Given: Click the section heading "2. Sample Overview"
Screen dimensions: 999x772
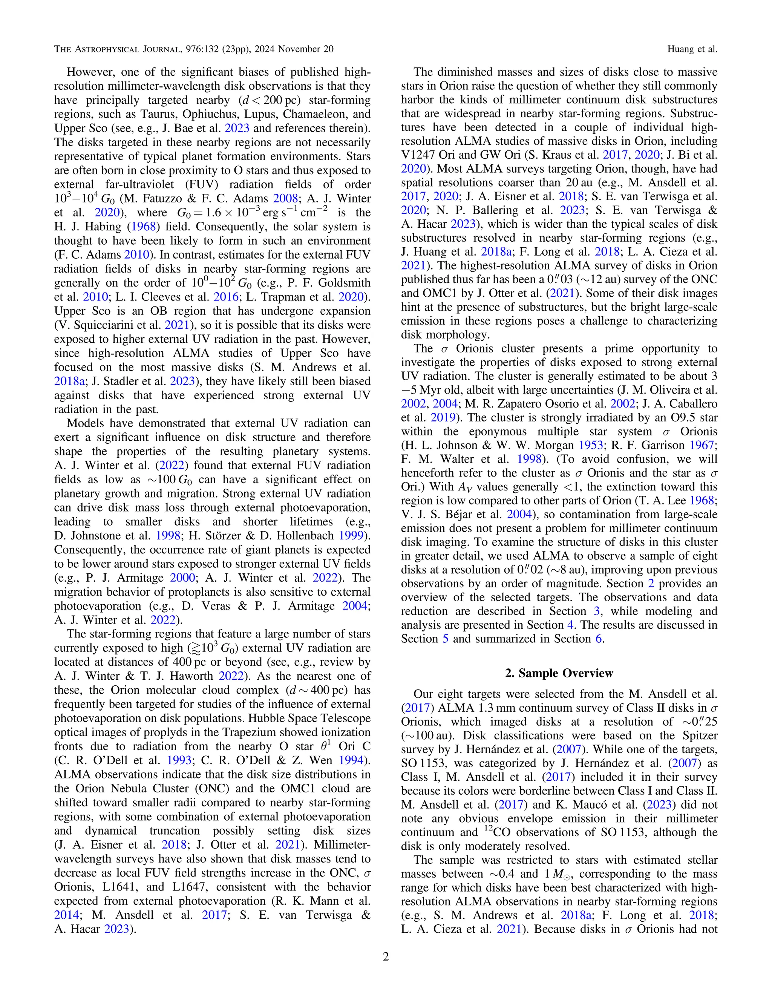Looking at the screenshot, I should [x=559, y=673].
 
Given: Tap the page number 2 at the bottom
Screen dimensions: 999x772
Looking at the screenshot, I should [x=386, y=957].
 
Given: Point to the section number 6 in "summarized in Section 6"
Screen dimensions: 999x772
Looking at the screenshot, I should [x=598, y=639].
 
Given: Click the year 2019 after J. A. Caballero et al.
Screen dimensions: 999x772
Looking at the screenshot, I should [x=443, y=417].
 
